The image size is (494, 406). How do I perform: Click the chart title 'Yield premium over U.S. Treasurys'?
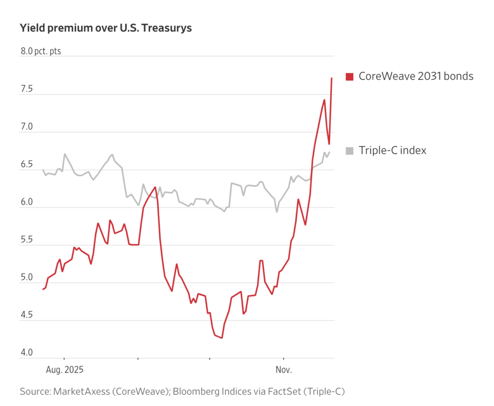tap(106, 28)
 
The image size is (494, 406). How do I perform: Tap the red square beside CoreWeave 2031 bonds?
tap(350, 76)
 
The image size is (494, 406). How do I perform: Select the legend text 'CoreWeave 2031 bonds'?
tap(416, 76)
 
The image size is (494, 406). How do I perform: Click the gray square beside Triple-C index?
tap(350, 151)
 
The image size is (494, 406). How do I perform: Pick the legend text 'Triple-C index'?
tap(392, 151)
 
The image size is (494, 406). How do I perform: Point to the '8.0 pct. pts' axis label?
tap(41, 52)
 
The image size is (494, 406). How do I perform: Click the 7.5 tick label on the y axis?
tap(26, 89)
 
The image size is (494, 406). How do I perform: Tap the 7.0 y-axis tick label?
tap(26, 127)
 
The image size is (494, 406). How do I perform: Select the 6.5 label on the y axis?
tap(26, 165)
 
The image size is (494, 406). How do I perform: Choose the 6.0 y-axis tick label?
tap(26, 202)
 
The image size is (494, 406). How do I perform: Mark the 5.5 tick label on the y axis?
tap(26, 240)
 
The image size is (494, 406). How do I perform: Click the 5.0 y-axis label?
tap(26, 277)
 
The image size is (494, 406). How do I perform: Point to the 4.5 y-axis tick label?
tap(26, 315)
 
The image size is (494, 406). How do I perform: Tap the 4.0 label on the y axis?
tap(26, 353)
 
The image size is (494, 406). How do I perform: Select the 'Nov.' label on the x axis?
tap(284, 370)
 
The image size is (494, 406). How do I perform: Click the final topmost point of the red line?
tap(331, 78)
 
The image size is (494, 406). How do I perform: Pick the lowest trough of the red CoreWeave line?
tap(222, 338)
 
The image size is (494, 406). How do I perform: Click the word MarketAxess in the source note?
tap(81, 392)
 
